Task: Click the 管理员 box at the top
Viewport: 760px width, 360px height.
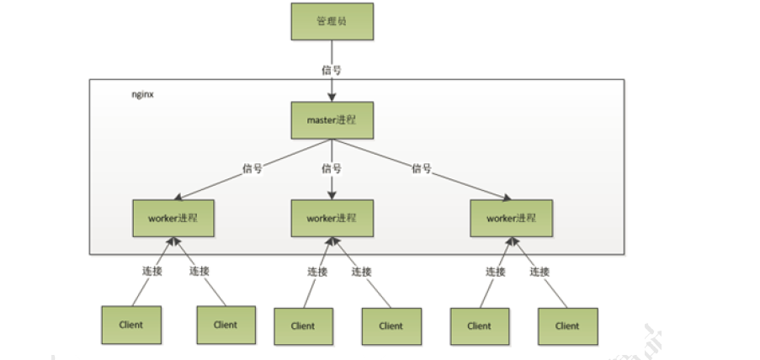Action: click(332, 21)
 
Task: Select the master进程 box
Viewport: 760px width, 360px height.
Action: click(332, 120)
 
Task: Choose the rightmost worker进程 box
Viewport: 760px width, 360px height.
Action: click(511, 218)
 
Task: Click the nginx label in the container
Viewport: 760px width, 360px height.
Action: click(142, 94)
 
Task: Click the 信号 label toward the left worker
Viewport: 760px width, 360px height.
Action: click(252, 168)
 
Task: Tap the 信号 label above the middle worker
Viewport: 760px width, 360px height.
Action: click(332, 168)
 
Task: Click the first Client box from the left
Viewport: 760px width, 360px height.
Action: click(130, 324)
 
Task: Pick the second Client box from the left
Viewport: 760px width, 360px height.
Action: click(225, 324)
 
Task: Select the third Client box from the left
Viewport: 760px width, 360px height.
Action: click(303, 326)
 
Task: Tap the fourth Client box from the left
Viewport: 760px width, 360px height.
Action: click(391, 326)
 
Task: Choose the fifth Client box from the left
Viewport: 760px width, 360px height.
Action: click(479, 326)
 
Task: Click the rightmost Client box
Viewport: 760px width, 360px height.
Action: click(567, 326)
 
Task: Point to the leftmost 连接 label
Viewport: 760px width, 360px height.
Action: click(153, 271)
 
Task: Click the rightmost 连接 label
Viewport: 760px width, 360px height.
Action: click(539, 271)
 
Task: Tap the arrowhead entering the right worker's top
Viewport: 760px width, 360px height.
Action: click(507, 198)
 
